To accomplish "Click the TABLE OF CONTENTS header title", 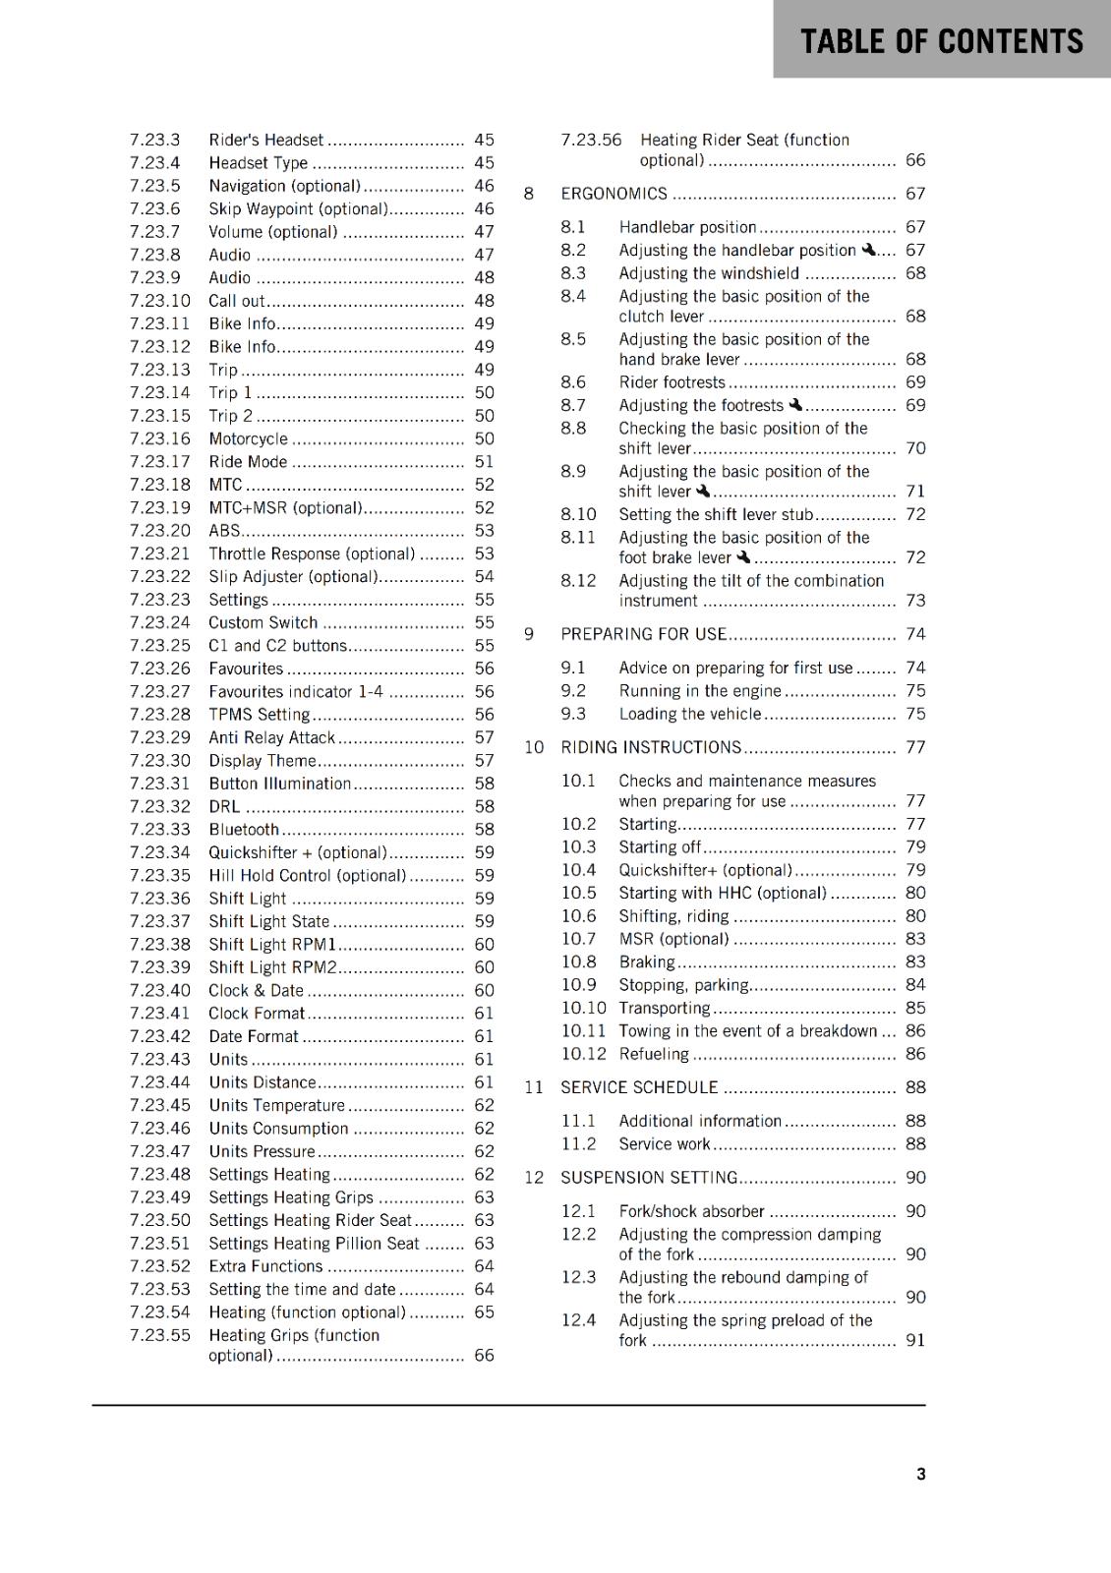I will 941,41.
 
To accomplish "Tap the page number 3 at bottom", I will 920,1474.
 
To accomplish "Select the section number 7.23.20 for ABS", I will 159,531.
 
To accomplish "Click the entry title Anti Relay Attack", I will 271,737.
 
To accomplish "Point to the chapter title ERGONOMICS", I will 614,194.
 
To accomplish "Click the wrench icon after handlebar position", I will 868,250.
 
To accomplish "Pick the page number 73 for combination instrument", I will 915,601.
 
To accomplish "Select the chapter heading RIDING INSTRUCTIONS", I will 651,747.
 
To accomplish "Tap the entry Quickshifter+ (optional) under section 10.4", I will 705,870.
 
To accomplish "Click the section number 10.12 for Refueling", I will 583,1054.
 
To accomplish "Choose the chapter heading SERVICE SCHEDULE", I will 639,1087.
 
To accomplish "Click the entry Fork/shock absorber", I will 691,1211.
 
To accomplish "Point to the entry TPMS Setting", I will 259,715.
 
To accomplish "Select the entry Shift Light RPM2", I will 272,967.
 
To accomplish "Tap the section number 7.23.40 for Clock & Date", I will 159,990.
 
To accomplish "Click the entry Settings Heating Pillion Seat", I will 314,1244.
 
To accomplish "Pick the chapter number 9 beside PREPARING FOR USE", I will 529,634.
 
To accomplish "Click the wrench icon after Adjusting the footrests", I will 795,404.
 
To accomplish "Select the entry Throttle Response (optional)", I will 312,554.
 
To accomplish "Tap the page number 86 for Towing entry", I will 915,1031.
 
